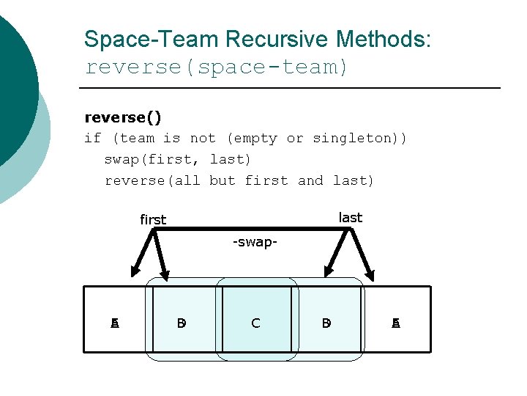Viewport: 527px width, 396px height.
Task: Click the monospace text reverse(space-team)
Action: tap(217, 67)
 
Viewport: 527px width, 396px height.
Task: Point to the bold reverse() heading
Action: tap(123, 117)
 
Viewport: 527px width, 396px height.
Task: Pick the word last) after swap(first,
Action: tap(231, 159)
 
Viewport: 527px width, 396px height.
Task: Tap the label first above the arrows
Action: tap(153, 219)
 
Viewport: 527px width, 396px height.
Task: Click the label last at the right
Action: tap(351, 218)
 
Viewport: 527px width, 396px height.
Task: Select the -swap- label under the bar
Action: tap(254, 242)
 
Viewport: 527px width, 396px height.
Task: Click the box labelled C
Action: tap(255, 323)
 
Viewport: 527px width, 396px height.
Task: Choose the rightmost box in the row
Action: tap(397, 323)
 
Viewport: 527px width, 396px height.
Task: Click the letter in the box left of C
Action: tap(182, 323)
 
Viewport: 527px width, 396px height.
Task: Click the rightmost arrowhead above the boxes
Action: tap(370, 276)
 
